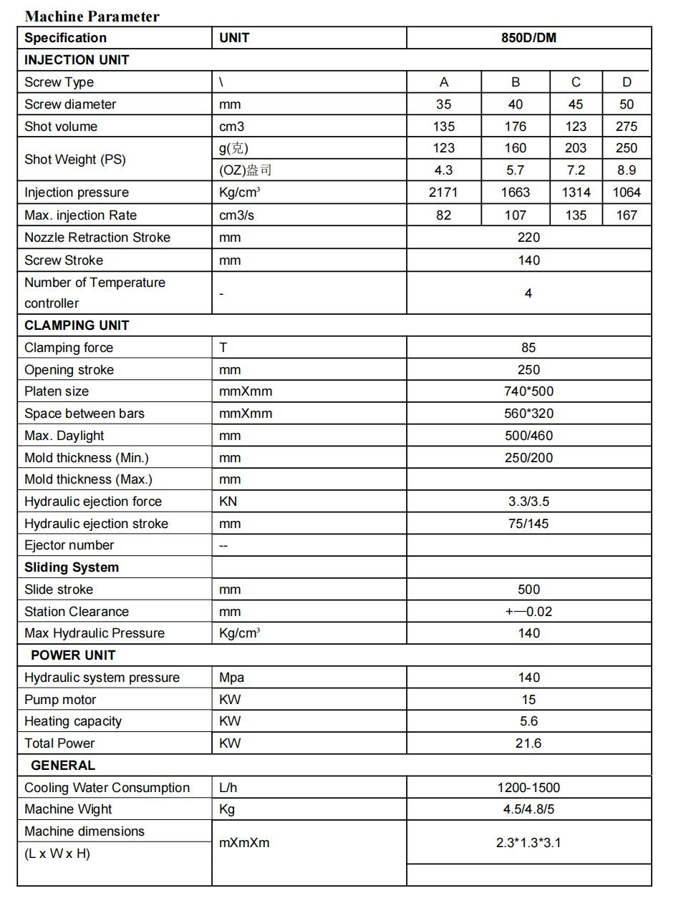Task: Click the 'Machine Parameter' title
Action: [x=92, y=16]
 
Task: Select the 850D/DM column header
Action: [x=528, y=38]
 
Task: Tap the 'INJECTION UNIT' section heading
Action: [x=77, y=60]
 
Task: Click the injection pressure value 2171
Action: [x=443, y=192]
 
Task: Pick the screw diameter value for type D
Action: [x=627, y=104]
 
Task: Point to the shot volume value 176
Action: [x=515, y=127]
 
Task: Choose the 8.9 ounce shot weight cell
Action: [x=627, y=170]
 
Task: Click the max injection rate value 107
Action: [x=515, y=215]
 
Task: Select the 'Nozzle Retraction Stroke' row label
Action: [x=97, y=238]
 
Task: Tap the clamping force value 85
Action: [x=528, y=348]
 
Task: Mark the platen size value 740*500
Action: [x=528, y=391]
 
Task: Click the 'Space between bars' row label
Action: [x=84, y=414]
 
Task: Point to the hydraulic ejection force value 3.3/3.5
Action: [x=528, y=502]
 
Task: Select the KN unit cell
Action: [x=228, y=502]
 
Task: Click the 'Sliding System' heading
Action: [x=72, y=567]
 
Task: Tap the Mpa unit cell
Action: [x=231, y=678]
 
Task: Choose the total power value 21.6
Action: [x=528, y=743]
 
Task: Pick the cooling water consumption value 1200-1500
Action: [x=528, y=788]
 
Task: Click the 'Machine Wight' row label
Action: [x=68, y=809]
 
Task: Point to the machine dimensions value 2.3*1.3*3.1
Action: [x=528, y=843]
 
